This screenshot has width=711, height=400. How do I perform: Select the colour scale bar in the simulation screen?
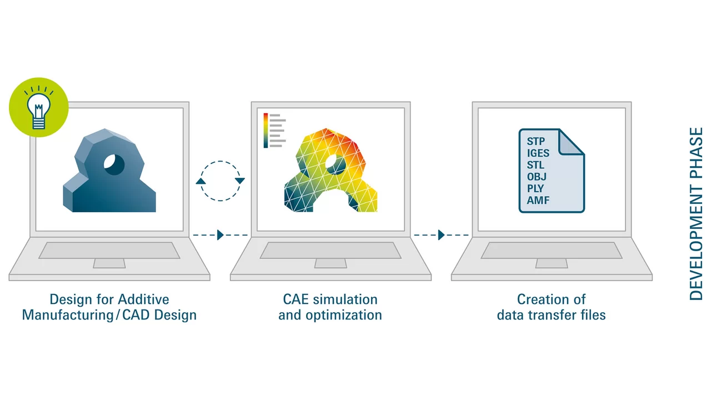coord(266,131)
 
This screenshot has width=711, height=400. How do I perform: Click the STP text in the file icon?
coord(536,141)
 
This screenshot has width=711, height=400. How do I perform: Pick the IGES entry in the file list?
coord(538,153)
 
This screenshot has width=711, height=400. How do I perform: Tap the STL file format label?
coord(535,165)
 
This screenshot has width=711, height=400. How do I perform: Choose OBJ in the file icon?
coord(537,177)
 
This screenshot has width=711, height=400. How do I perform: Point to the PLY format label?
coord(535,188)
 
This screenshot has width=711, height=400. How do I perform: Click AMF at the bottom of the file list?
coord(538,201)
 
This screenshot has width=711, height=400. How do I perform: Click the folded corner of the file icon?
coord(570,143)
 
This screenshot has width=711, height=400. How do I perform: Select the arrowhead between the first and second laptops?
coord(221,235)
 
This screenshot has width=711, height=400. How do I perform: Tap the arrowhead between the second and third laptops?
coord(441,235)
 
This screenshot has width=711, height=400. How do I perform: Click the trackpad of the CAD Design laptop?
coord(109,263)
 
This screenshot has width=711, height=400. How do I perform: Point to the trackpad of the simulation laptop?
coord(331,263)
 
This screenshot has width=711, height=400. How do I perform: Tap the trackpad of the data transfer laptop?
coord(552,263)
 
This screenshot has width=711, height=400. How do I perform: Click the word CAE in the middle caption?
coord(295,299)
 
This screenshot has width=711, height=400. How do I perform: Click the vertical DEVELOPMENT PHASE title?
coord(697,214)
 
